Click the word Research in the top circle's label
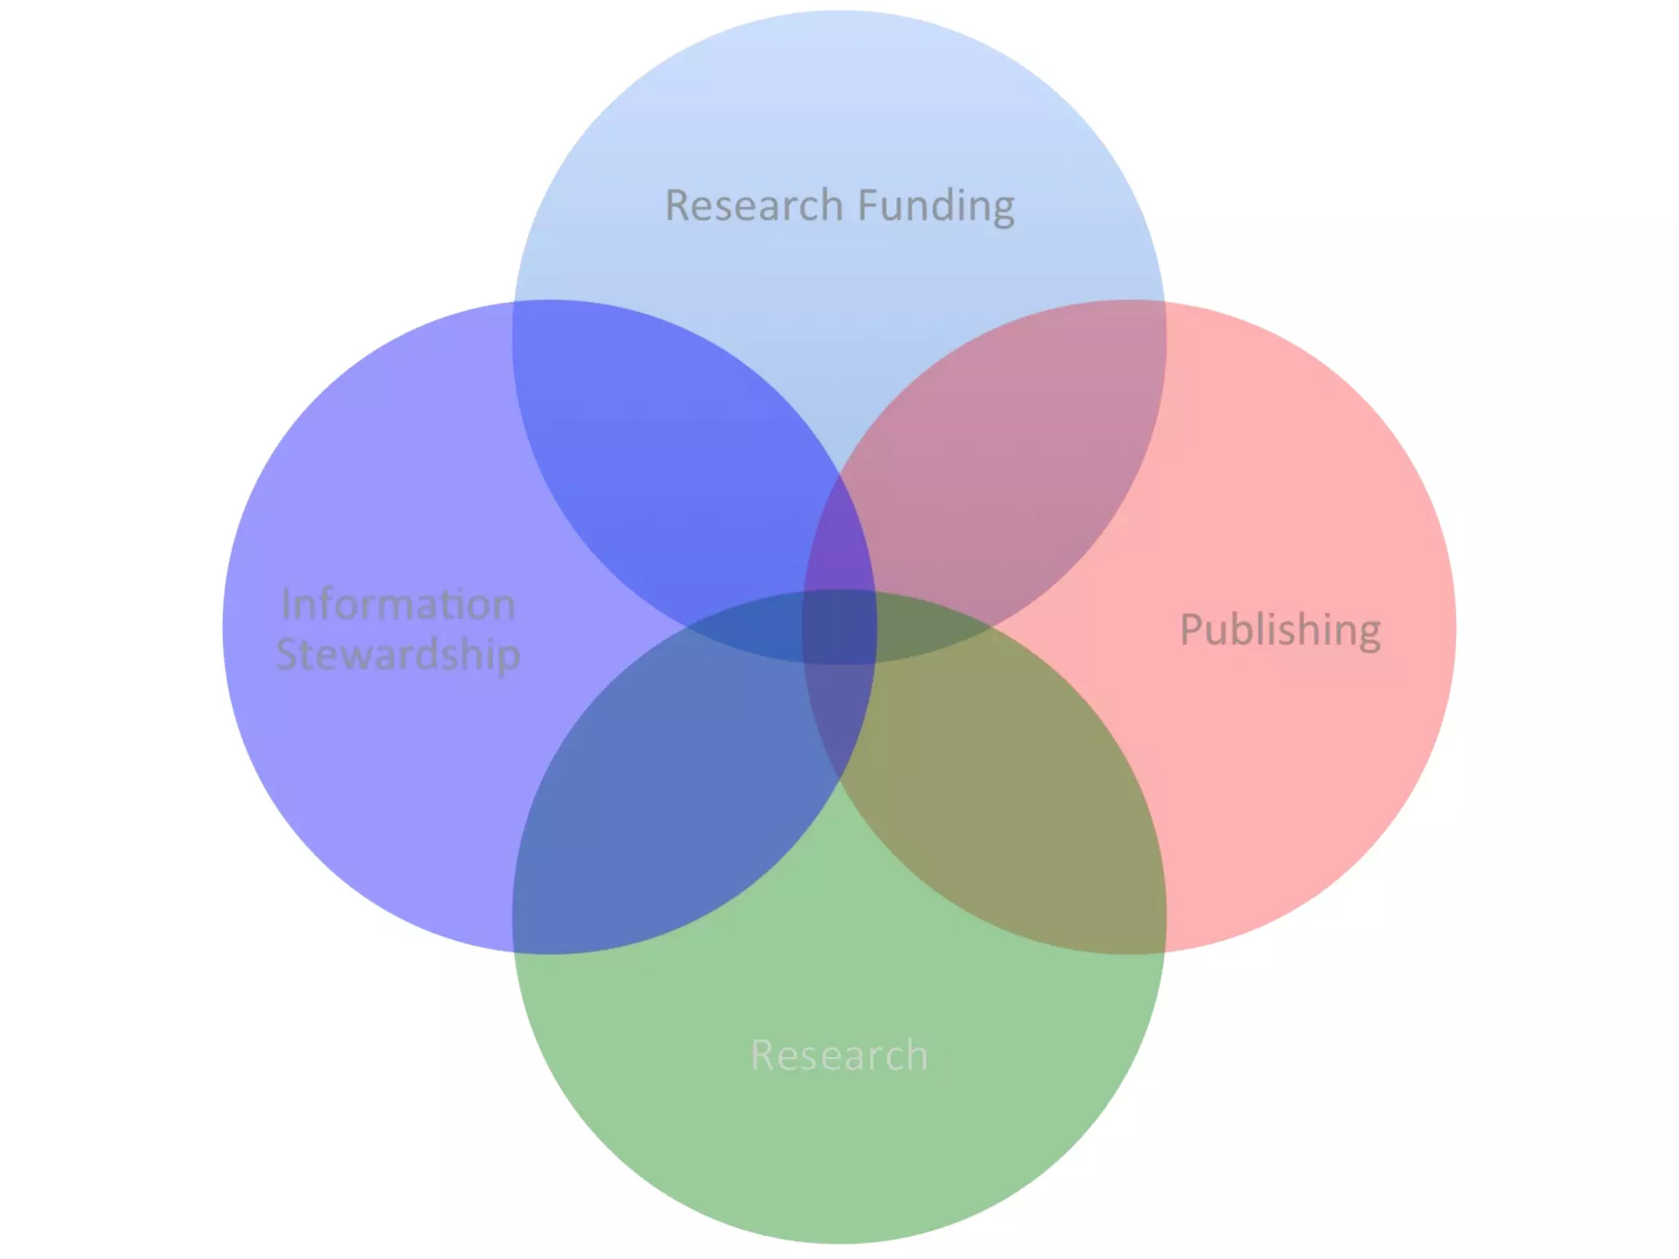[753, 205]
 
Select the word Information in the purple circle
[398, 605]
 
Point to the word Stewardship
[398, 655]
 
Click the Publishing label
[1280, 630]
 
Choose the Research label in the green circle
[839, 1055]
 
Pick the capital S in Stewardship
[289, 654]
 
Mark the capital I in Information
[285, 605]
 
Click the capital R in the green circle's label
[763, 1055]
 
